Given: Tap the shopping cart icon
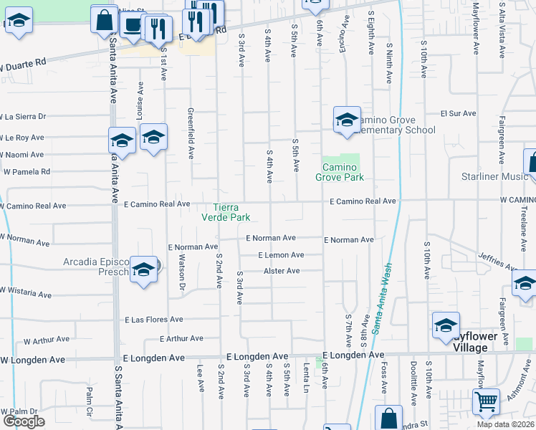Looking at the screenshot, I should click(x=487, y=402).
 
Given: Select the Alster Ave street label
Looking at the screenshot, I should click(x=282, y=271).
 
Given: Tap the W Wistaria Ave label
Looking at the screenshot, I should click(x=26, y=292).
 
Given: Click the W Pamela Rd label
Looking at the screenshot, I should click(x=27, y=172).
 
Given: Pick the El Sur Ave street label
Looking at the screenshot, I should click(x=459, y=113).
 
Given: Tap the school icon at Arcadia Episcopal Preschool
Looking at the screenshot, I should click(x=143, y=270).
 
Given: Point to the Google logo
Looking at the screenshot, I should click(x=24, y=421).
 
